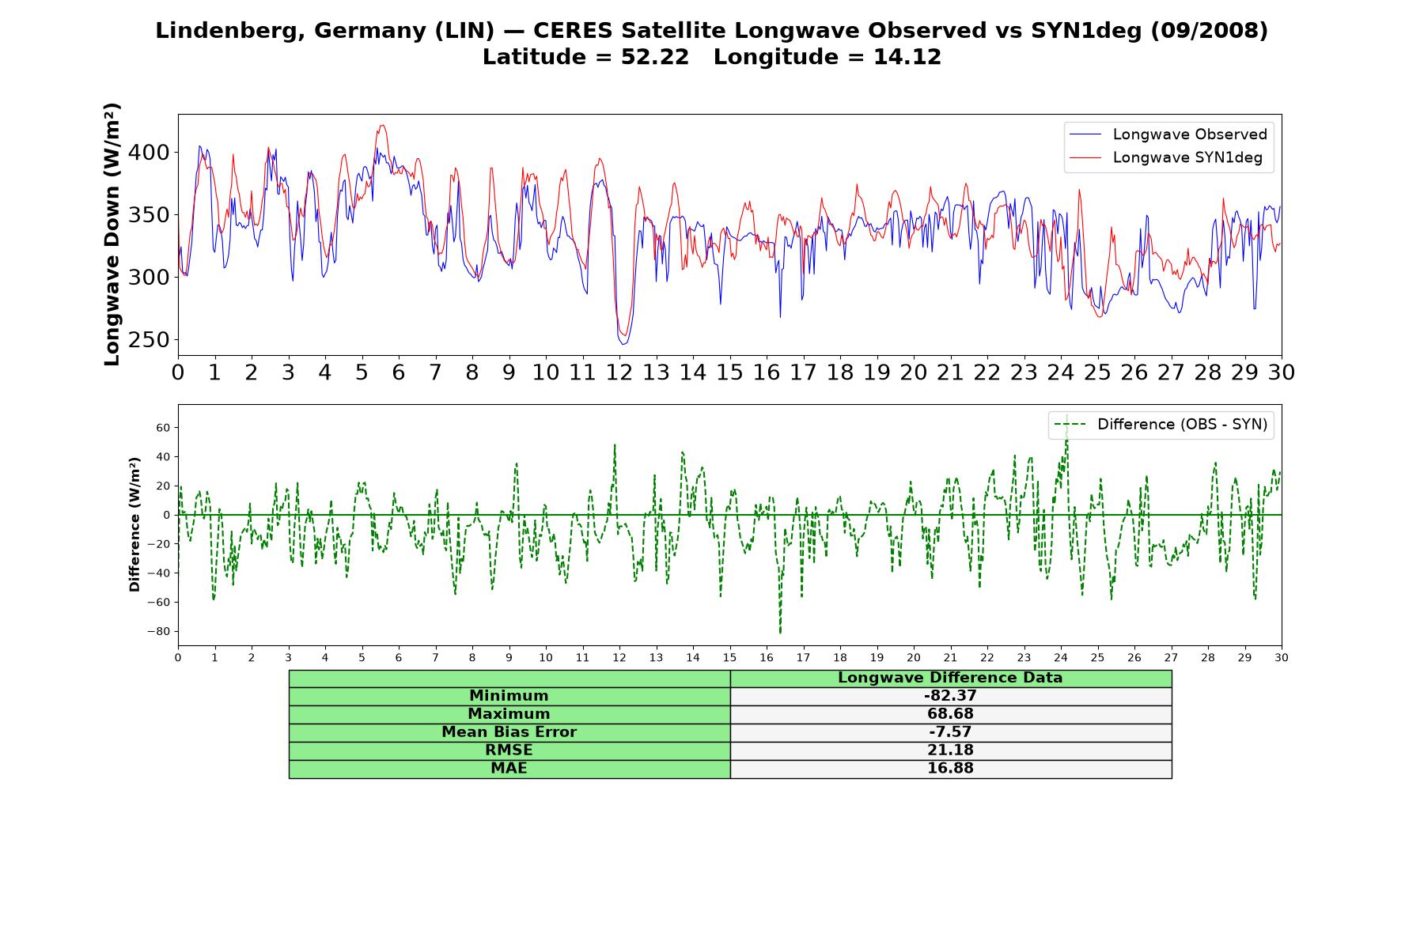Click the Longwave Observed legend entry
click(x=1168, y=134)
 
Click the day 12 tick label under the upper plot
click(x=619, y=372)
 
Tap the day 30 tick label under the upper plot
click(x=1281, y=372)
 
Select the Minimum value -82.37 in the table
click(x=950, y=696)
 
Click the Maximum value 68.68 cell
click(x=950, y=714)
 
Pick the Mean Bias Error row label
click(x=509, y=732)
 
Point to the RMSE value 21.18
click(x=950, y=751)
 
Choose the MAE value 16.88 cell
click(x=950, y=769)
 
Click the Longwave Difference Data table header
click(x=950, y=678)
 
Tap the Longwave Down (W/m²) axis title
click(x=112, y=234)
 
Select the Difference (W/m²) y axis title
click(x=134, y=524)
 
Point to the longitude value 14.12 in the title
click(x=907, y=57)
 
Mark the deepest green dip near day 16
click(x=780, y=633)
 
